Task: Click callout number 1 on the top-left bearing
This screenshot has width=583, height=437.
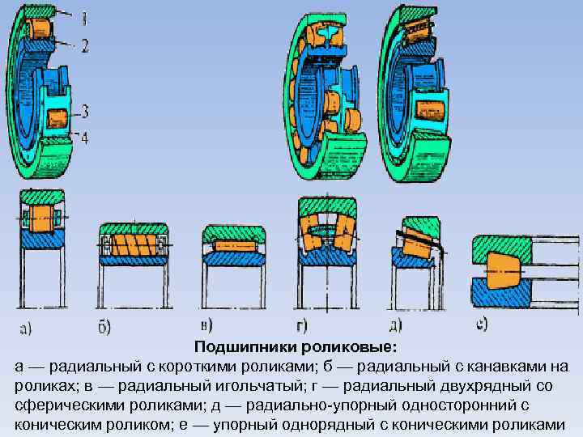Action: click(85, 15)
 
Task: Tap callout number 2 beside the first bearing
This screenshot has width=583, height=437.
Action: click(85, 46)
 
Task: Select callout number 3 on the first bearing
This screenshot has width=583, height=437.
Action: click(85, 110)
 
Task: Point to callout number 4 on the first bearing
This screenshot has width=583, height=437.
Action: click(85, 138)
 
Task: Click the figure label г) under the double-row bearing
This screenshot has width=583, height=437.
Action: click(301, 327)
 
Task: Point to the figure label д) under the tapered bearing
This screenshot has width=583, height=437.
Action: click(396, 326)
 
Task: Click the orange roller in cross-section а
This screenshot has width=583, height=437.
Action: click(40, 218)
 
